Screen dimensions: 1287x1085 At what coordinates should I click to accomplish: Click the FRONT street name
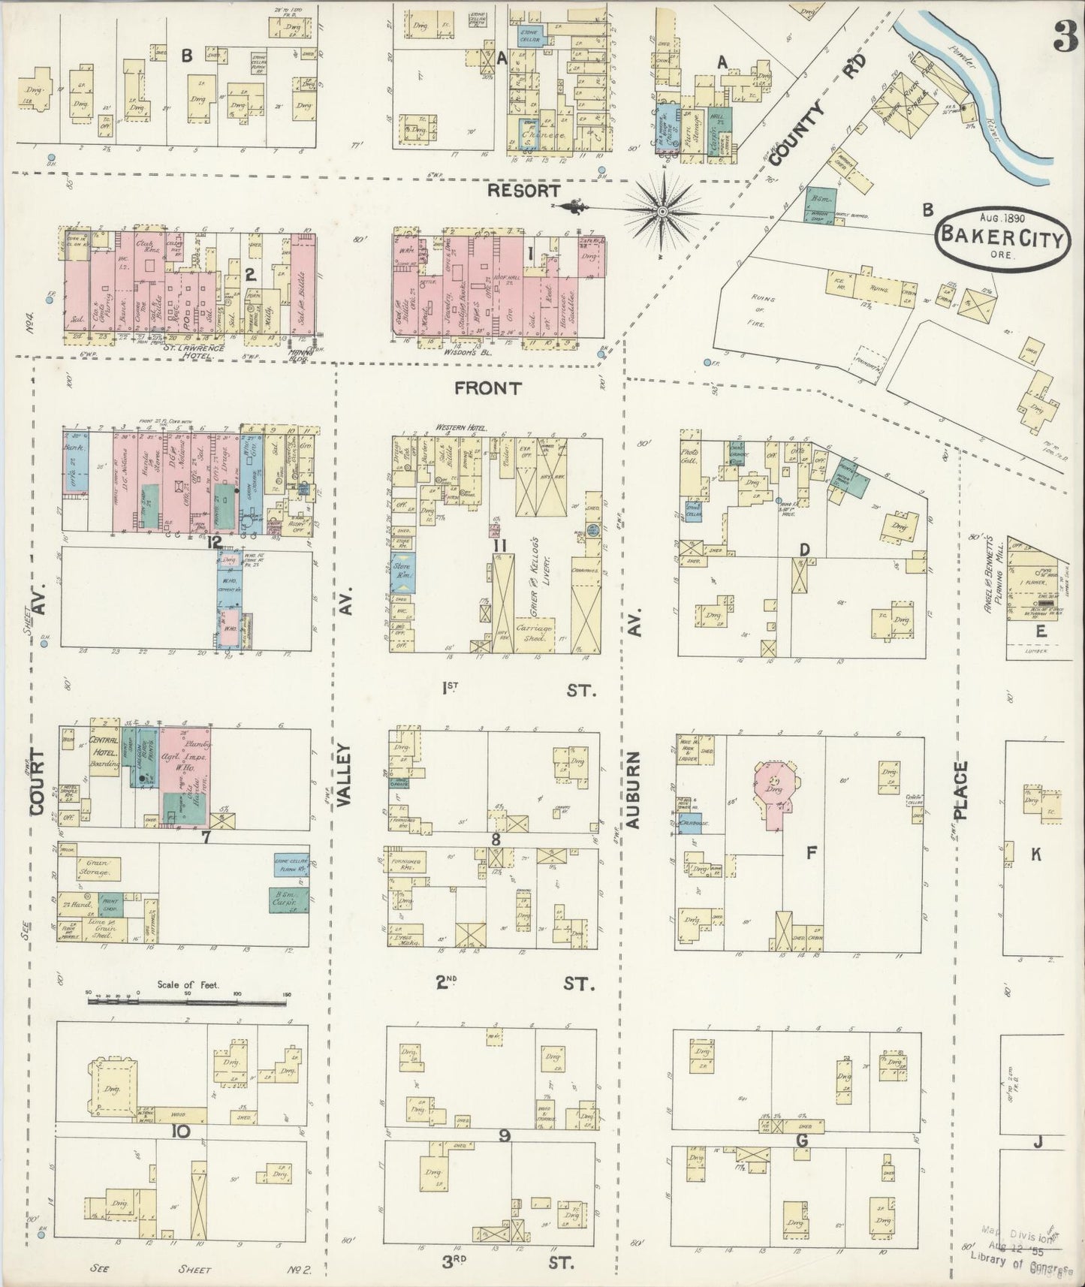[x=488, y=388]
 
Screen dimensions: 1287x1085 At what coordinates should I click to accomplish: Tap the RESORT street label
[x=523, y=191]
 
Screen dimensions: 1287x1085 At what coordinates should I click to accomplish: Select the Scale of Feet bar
[x=188, y=996]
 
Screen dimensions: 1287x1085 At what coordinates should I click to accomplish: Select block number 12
[x=215, y=543]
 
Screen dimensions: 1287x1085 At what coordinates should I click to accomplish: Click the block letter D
[x=804, y=550]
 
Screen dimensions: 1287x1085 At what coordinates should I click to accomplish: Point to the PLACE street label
[x=961, y=790]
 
